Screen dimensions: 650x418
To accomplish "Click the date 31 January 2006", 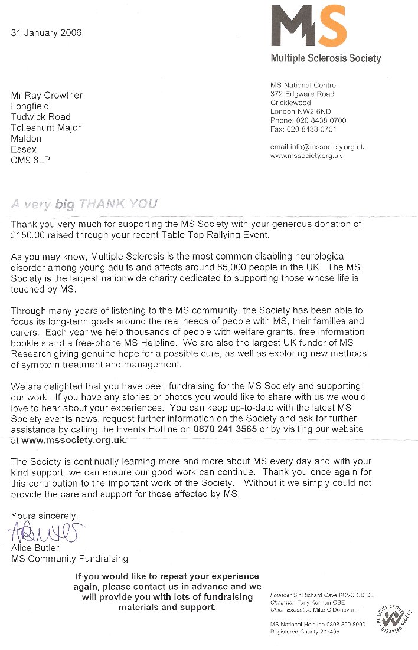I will coord(46,33).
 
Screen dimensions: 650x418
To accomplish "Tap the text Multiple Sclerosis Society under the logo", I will coord(325,58).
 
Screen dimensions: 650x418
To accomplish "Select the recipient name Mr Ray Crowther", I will coord(47,96).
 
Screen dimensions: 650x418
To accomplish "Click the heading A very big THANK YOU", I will coord(84,205).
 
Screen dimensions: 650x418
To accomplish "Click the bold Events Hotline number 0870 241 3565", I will coord(225,429).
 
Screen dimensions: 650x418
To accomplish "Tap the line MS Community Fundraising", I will coord(70,559).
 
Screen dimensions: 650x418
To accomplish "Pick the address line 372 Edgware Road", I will coord(302,94).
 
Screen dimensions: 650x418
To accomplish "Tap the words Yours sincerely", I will coord(45,516).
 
